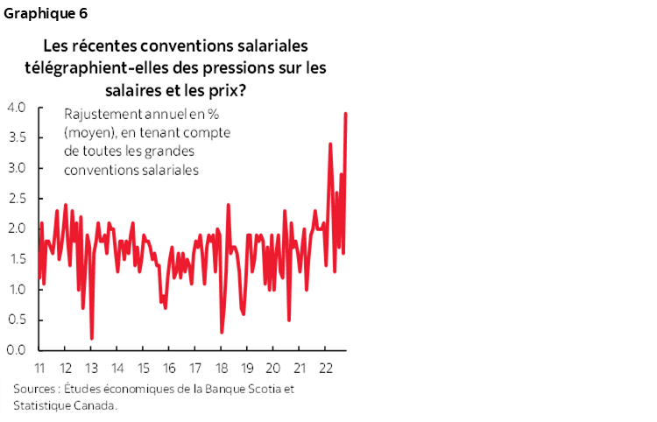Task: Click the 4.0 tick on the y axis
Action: [x=17, y=108]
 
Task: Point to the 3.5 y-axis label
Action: [x=17, y=137]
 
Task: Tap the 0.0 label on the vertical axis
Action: [x=17, y=349]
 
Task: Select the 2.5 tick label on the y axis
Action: [x=17, y=199]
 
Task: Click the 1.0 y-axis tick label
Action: [x=17, y=289]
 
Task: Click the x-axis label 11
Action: [x=39, y=368]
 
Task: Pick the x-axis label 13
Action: [x=92, y=368]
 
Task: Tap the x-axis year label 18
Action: [x=222, y=368]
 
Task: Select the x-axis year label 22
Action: [x=326, y=368]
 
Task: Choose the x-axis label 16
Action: [x=170, y=368]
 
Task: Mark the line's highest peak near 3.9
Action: [x=345, y=113]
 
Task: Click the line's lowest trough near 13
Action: [x=92, y=338]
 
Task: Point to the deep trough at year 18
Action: [x=222, y=332]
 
